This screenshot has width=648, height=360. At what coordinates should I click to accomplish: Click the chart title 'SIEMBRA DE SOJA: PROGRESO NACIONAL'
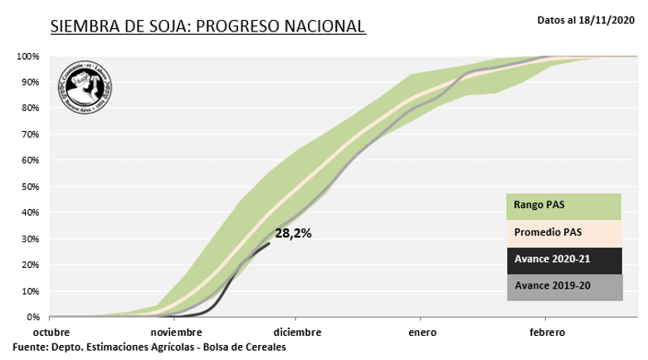pos(207,26)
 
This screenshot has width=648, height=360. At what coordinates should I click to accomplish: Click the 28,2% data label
pos(293,234)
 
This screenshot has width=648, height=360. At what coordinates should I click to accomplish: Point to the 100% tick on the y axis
pos(27,56)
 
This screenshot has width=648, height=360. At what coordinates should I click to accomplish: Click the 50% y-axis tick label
pos(30,187)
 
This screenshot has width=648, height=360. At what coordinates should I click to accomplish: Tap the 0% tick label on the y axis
pos(32,318)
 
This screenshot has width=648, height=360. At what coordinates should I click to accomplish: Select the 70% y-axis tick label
pos(30,134)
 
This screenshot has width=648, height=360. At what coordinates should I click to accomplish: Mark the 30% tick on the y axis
pos(30,239)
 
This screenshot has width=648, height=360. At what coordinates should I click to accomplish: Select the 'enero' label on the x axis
pos(421,333)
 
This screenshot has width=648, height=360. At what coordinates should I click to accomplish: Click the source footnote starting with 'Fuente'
pos(149,347)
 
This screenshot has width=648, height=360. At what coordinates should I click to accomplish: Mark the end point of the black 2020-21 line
pos(270,243)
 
